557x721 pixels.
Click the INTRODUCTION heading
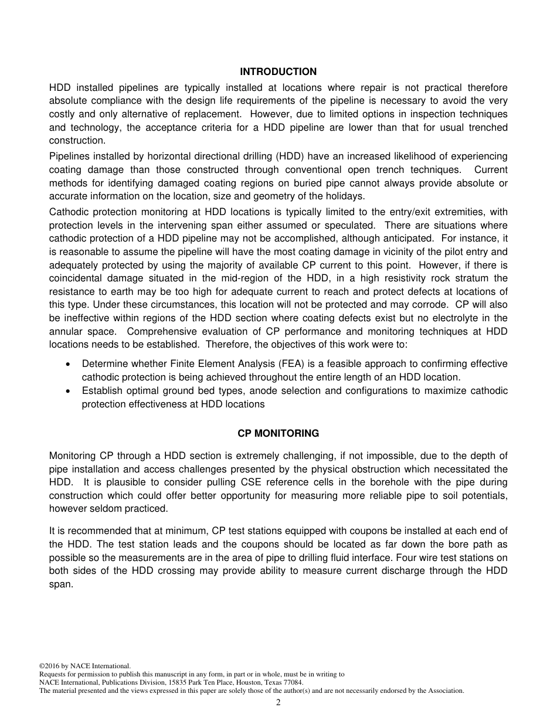(x=278, y=72)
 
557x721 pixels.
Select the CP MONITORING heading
(x=278, y=434)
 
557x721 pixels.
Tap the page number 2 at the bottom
(x=278, y=703)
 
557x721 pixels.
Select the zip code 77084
(x=293, y=682)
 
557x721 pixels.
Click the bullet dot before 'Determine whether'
(x=69, y=364)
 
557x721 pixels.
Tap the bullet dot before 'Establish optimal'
(x=69, y=391)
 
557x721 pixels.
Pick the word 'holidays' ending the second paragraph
(x=346, y=196)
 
